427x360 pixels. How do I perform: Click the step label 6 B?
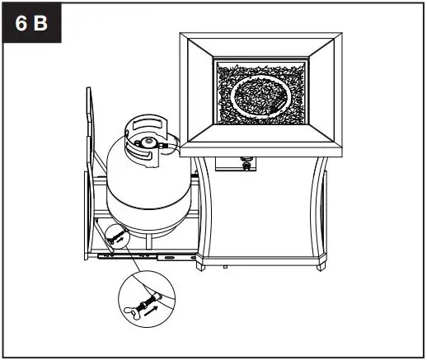[31, 23]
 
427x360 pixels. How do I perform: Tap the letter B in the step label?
[40, 23]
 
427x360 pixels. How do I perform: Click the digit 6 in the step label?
[21, 23]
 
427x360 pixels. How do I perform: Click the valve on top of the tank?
[149, 143]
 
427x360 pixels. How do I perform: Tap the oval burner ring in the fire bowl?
[261, 98]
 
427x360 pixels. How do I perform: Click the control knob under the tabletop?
[245, 166]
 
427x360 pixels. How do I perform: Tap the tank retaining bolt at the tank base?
[115, 237]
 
